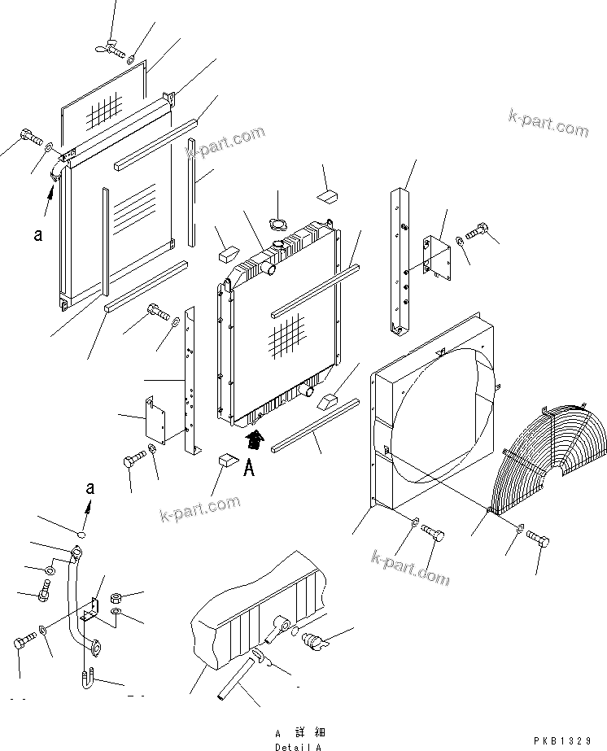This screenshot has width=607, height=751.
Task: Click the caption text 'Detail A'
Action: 298,746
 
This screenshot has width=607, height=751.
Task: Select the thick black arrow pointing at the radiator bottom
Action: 255,441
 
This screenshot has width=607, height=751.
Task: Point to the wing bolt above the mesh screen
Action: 110,48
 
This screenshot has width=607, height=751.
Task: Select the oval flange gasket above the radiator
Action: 277,225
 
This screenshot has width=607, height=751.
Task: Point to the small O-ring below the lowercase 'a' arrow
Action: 81,535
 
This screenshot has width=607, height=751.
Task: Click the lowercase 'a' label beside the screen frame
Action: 37,235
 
